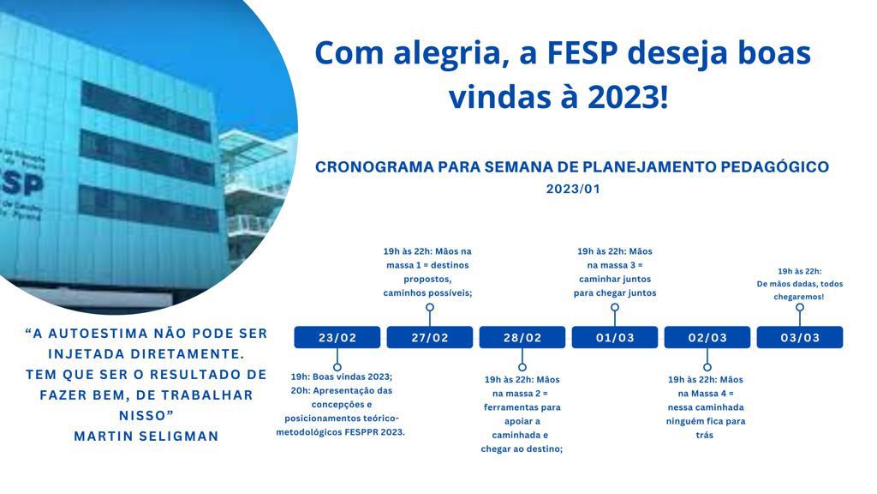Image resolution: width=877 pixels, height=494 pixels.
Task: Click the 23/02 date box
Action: tap(337, 337)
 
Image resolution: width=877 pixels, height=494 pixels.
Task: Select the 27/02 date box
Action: tap(430, 337)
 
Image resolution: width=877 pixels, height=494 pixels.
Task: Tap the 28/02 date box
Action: tap(522, 337)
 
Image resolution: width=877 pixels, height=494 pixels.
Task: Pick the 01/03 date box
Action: tap(615, 337)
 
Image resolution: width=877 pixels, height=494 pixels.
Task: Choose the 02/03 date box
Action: tap(707, 337)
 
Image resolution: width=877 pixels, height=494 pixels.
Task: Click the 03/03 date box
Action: tap(800, 337)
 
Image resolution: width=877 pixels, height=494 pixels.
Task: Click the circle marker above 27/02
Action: tap(430, 307)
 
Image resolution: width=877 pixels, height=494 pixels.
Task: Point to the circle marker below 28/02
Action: tap(522, 367)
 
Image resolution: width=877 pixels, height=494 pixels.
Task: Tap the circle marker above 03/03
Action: tap(800, 307)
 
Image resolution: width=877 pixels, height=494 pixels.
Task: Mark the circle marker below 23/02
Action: tap(337, 367)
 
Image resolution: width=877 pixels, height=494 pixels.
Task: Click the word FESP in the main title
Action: tap(582, 53)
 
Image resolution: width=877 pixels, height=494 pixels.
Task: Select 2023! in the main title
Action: tap(628, 97)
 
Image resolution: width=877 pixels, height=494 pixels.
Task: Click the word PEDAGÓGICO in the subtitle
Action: tap(774, 167)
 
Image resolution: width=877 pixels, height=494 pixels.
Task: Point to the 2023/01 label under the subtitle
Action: tap(573, 189)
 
